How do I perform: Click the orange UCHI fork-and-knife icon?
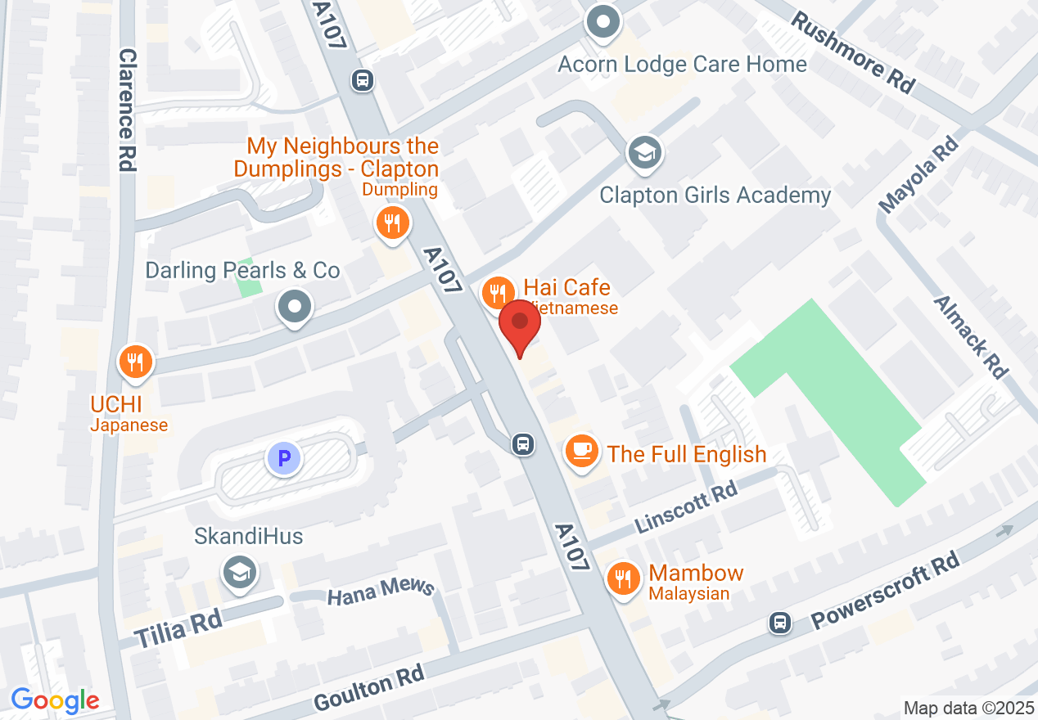coord(136,362)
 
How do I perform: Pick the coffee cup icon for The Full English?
coord(581,452)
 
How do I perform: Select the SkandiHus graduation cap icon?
coord(240,573)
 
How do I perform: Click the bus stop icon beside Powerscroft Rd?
coord(781,623)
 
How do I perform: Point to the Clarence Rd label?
coord(127,110)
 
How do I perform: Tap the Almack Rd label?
coord(971,336)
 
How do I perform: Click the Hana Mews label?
coord(380,594)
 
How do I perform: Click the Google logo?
coord(55,700)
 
